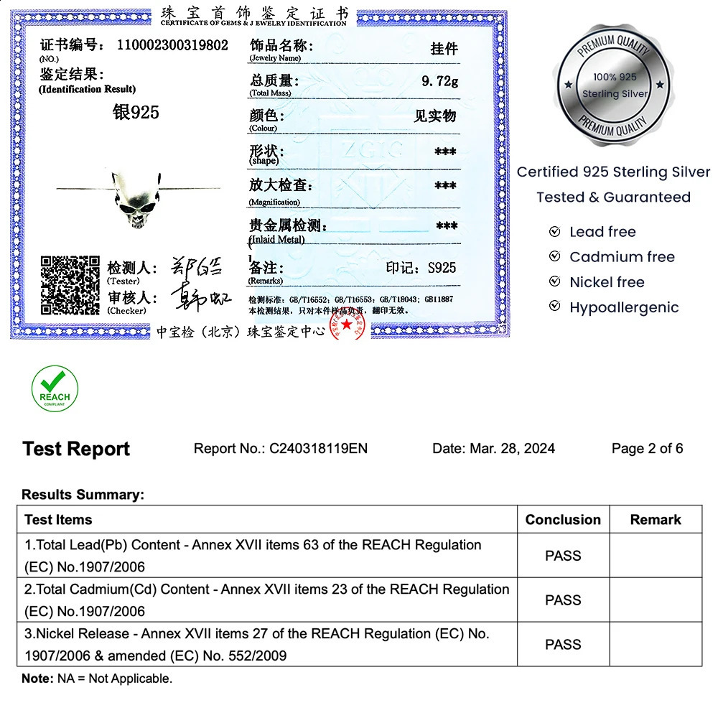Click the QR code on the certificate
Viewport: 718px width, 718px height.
click(x=70, y=285)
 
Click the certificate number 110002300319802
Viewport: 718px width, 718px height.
click(x=172, y=45)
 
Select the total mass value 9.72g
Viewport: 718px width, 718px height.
click(x=439, y=81)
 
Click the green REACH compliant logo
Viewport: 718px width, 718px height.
click(x=55, y=388)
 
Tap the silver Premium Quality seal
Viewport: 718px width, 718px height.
click(x=614, y=85)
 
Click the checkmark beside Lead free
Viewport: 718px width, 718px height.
click(x=554, y=232)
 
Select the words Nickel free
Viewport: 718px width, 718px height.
click(x=607, y=282)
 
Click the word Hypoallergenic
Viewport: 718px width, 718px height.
click(x=624, y=307)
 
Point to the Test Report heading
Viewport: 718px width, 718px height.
click(x=76, y=449)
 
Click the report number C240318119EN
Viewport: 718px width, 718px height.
click(x=318, y=449)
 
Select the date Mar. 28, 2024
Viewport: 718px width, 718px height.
click(x=512, y=449)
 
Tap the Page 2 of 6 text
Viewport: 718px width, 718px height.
click(x=647, y=449)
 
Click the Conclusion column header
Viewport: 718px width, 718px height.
click(x=563, y=520)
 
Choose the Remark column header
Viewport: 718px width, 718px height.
click(x=656, y=520)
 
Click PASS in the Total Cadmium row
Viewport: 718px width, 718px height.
click(x=563, y=600)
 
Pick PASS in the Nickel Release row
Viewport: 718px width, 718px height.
click(x=563, y=645)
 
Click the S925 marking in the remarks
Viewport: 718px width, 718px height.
click(x=442, y=268)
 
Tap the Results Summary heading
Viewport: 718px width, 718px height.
click(x=83, y=495)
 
